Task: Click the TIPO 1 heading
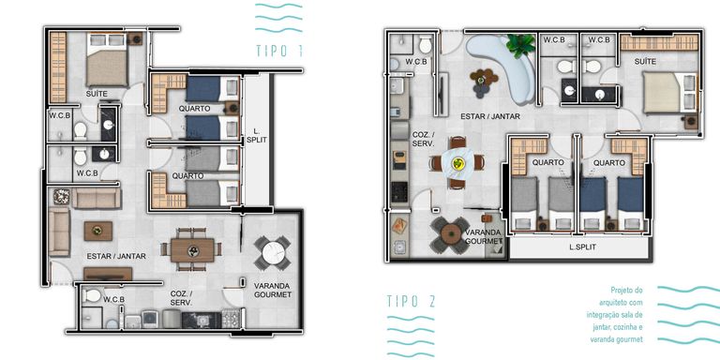click(x=278, y=51)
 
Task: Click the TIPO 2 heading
click(x=411, y=302)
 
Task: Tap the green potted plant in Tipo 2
click(x=521, y=46)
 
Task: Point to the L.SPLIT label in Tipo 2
click(x=583, y=247)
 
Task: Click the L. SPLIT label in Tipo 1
click(x=256, y=134)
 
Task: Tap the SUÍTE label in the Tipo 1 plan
click(x=97, y=94)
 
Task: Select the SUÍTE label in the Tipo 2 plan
click(x=633, y=61)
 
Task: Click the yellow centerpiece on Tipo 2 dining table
click(x=457, y=162)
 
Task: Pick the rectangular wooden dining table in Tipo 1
click(x=192, y=250)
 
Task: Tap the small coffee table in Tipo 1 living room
click(x=98, y=231)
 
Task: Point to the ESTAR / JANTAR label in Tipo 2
click(x=490, y=116)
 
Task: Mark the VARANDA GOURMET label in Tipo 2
click(x=484, y=236)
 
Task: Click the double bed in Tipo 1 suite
click(x=107, y=60)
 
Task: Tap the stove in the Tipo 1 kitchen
click(x=231, y=319)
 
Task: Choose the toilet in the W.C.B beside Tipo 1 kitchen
click(x=92, y=295)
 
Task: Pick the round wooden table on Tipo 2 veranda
click(x=450, y=234)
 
